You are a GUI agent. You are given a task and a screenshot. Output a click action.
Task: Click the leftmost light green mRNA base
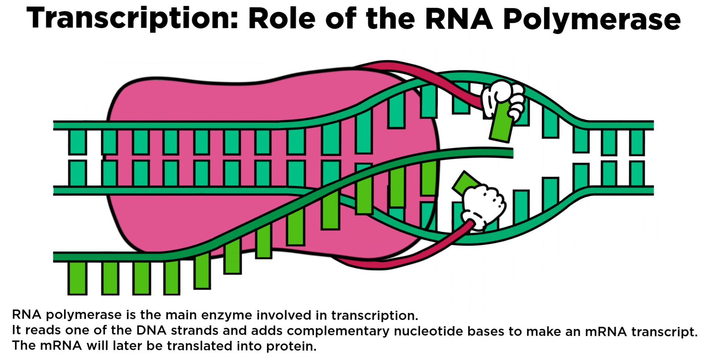(77, 278)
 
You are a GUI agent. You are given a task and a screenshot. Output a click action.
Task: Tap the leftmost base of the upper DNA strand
(77, 142)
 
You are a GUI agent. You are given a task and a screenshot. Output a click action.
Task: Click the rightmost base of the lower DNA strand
(637, 173)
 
